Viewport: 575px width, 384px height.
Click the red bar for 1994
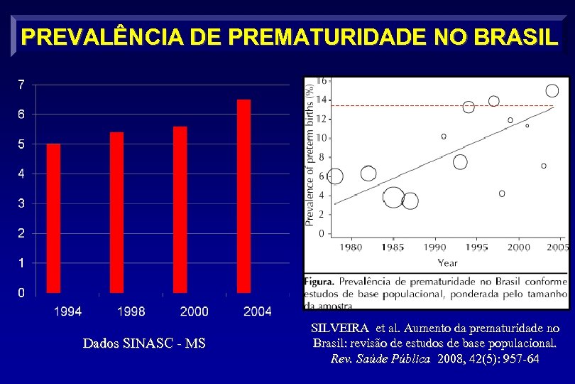53,218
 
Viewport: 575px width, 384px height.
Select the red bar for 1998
116,212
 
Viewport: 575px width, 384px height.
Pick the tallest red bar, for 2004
243,196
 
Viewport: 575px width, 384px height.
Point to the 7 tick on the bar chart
21,85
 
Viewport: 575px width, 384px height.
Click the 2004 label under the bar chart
257,311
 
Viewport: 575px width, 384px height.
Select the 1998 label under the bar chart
131,311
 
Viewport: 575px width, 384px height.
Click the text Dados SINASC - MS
144,343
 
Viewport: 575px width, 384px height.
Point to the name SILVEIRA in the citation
340,329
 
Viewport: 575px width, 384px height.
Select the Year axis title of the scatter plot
447,262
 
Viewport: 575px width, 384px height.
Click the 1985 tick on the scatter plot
393,247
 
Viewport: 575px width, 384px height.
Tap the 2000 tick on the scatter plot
519,247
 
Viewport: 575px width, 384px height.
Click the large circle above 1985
393,198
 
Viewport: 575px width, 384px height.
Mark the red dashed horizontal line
440,105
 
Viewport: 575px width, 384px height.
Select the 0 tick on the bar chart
21,292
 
